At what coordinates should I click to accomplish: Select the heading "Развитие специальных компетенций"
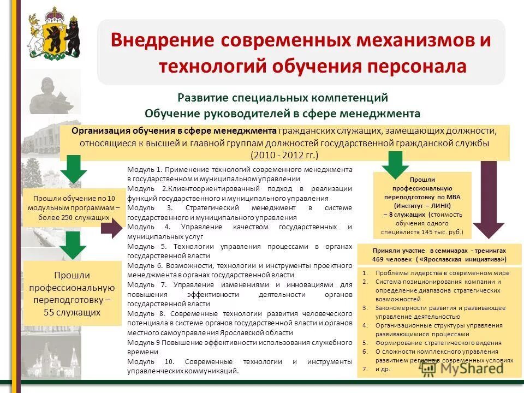coord(282,98)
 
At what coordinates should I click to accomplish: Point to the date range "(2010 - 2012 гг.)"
coord(284,154)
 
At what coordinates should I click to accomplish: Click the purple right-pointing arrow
coord(112,230)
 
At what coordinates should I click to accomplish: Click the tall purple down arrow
coord(489,202)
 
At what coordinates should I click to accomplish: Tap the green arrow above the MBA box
coord(395,164)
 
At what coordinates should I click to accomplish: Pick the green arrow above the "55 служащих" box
coord(73,245)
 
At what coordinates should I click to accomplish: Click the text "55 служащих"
coord(72,312)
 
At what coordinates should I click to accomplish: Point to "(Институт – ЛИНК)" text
coord(422,206)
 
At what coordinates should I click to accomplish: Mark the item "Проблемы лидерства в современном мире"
coord(442,273)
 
